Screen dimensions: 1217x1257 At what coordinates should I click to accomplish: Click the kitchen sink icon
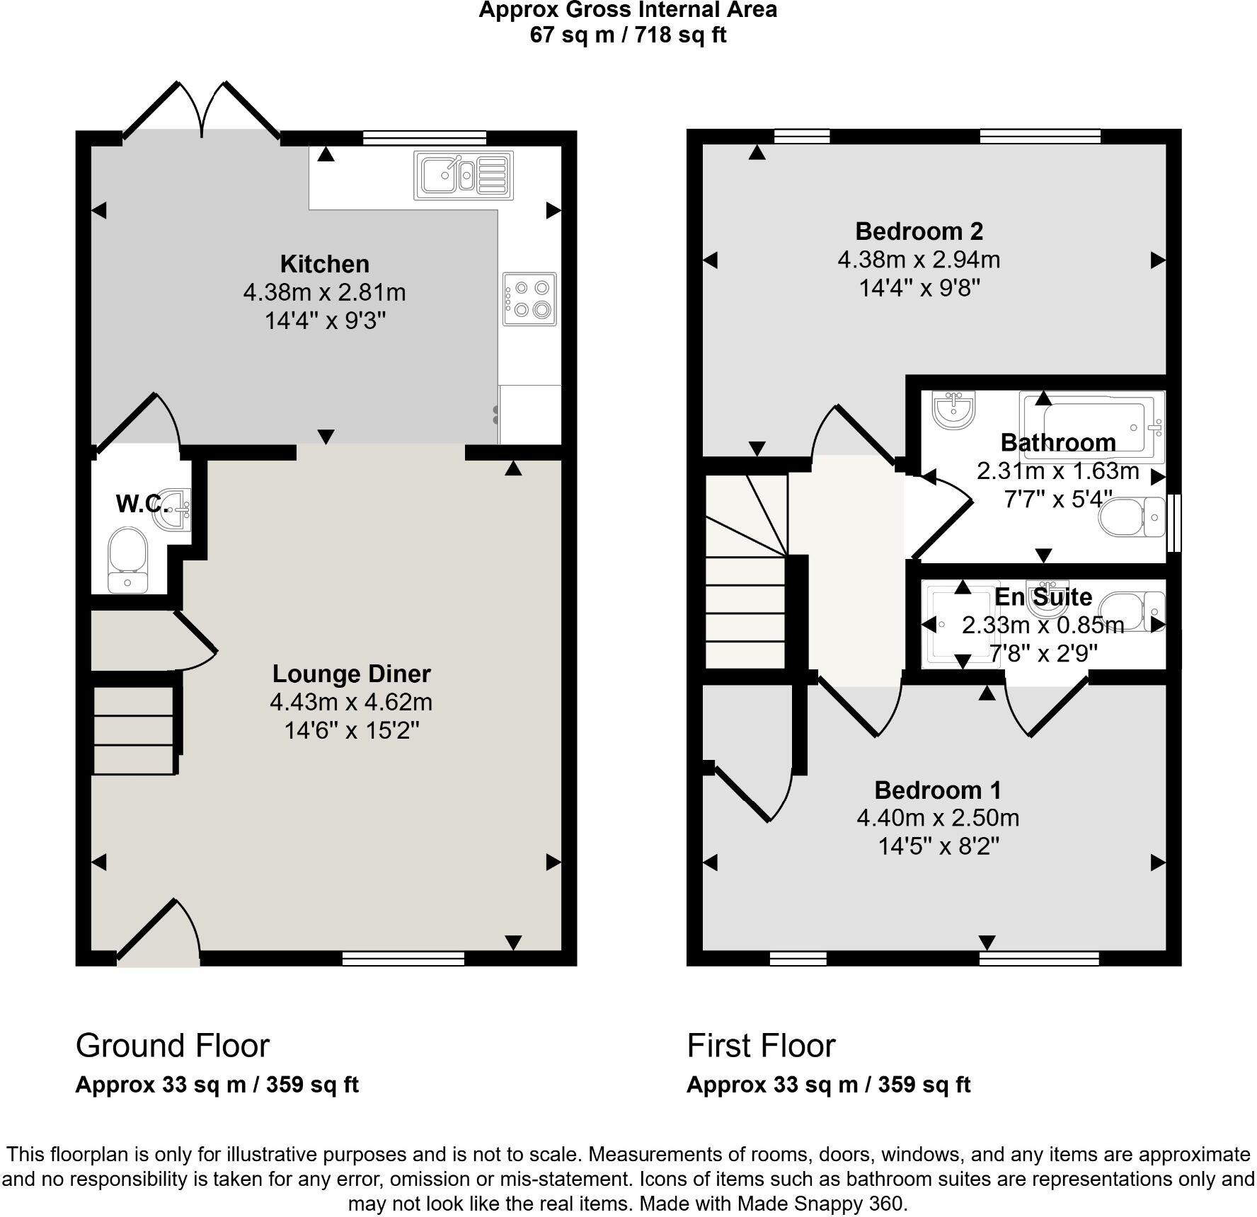pyautogui.click(x=464, y=175)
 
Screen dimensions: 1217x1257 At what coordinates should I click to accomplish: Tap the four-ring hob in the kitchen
pyautogui.click(x=529, y=299)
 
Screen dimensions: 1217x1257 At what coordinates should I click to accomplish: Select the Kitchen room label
pyautogui.click(x=325, y=264)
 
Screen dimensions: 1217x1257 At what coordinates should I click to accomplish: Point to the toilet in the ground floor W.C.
pyautogui.click(x=127, y=560)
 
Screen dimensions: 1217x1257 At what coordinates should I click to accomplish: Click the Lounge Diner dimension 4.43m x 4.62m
pyautogui.click(x=351, y=702)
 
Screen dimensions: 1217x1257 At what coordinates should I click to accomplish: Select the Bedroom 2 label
pyautogui.click(x=919, y=231)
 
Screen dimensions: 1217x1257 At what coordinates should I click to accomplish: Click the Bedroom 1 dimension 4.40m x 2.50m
pyautogui.click(x=938, y=818)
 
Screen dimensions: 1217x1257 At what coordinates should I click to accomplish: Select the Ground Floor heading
pyautogui.click(x=173, y=1046)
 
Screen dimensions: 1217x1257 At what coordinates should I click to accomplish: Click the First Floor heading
pyautogui.click(x=761, y=1046)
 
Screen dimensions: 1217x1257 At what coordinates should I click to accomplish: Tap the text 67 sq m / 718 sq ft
pyautogui.click(x=628, y=35)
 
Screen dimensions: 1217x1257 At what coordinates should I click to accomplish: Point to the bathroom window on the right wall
pyautogui.click(x=1173, y=522)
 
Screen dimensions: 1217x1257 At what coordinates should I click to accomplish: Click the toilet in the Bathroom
pyautogui.click(x=1131, y=517)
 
